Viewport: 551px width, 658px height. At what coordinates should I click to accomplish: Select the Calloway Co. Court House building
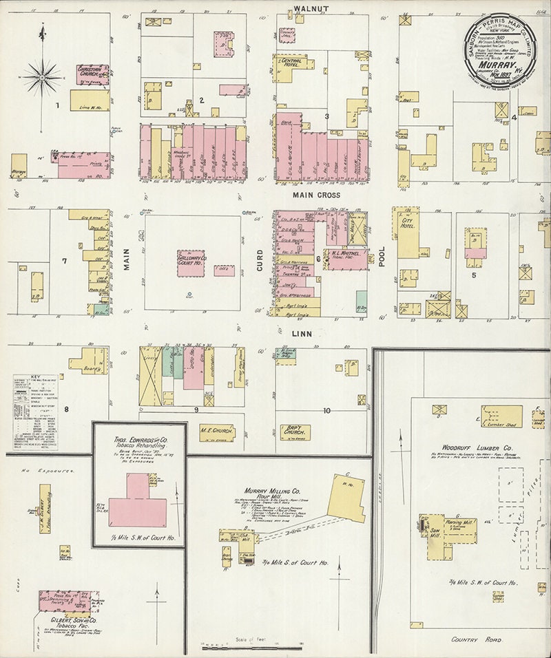click(x=191, y=264)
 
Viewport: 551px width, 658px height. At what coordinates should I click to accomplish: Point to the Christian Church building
click(x=93, y=74)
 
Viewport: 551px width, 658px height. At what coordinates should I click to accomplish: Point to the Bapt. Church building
click(x=294, y=432)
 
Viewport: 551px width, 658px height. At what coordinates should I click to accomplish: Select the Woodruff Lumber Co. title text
click(x=466, y=449)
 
